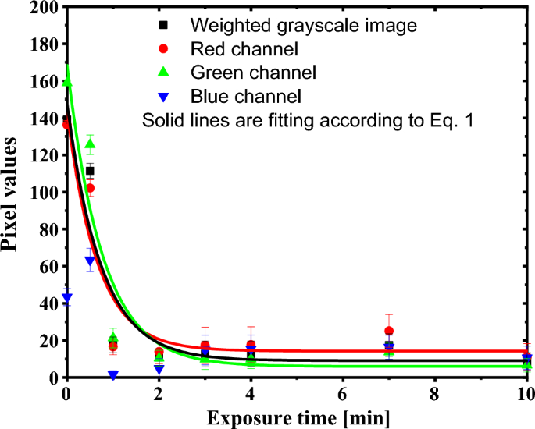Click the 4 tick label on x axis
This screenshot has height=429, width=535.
tap(250, 393)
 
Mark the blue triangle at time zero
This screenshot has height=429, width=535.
tap(67, 298)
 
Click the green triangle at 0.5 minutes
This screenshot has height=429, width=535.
tap(90, 144)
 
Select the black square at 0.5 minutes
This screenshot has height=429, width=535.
tap(90, 171)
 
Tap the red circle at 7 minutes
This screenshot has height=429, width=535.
tap(389, 331)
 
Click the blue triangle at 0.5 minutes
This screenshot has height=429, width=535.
tap(90, 261)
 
